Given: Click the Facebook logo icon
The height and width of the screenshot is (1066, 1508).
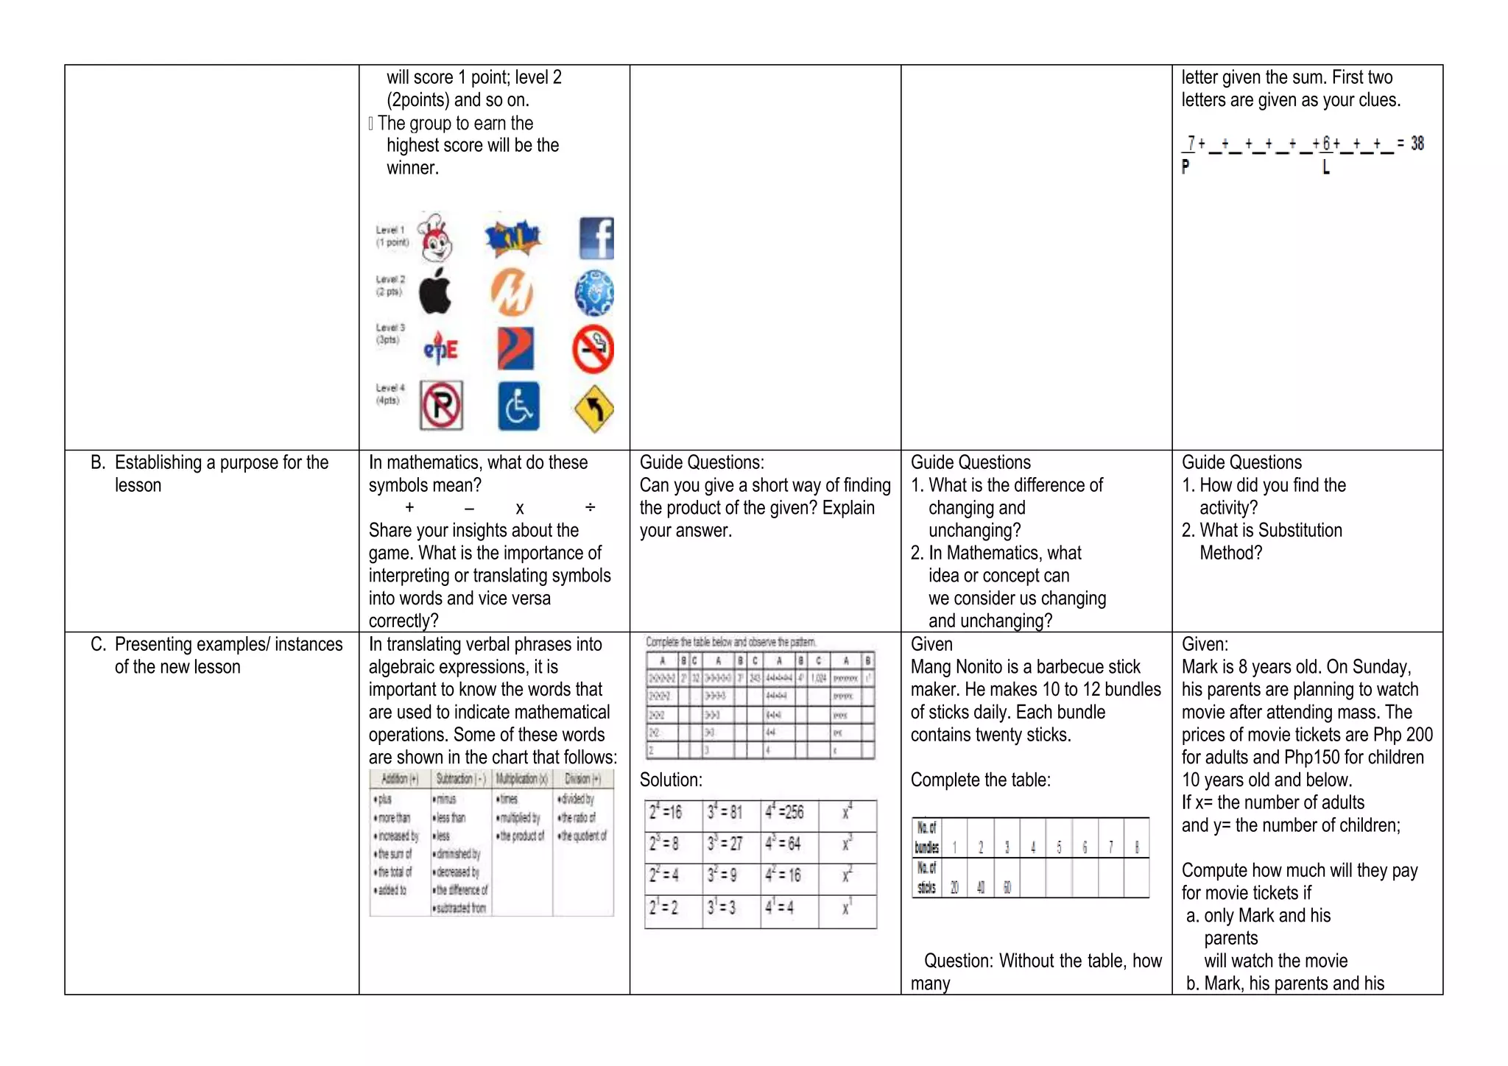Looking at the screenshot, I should tap(596, 238).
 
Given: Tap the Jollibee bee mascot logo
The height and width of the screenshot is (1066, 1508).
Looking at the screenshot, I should tap(434, 238).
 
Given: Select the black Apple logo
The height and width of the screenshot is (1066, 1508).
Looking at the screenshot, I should tap(435, 292).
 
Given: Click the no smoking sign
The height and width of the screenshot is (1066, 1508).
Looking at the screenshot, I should tap(593, 349).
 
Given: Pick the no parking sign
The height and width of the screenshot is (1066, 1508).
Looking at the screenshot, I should tap(441, 405).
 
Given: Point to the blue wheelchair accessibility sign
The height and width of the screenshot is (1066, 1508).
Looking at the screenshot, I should tap(518, 406).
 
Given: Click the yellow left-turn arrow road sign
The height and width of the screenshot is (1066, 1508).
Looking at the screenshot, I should tap(593, 409).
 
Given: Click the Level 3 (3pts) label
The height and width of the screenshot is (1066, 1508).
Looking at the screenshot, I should tap(390, 333).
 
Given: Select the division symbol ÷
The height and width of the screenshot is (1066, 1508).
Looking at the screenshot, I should tap(590, 507).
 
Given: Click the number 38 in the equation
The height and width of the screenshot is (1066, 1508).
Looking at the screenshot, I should tap(1417, 144).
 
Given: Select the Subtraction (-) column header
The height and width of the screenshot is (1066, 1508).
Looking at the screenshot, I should tap(461, 779).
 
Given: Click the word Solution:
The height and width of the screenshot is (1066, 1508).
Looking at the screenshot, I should tap(671, 780).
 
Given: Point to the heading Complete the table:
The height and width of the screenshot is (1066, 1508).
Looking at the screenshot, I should tap(980, 780).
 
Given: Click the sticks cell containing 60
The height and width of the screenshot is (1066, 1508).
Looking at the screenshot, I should tap(1007, 887).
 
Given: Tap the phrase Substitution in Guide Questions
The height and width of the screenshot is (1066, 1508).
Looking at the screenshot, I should tap(1300, 530).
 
